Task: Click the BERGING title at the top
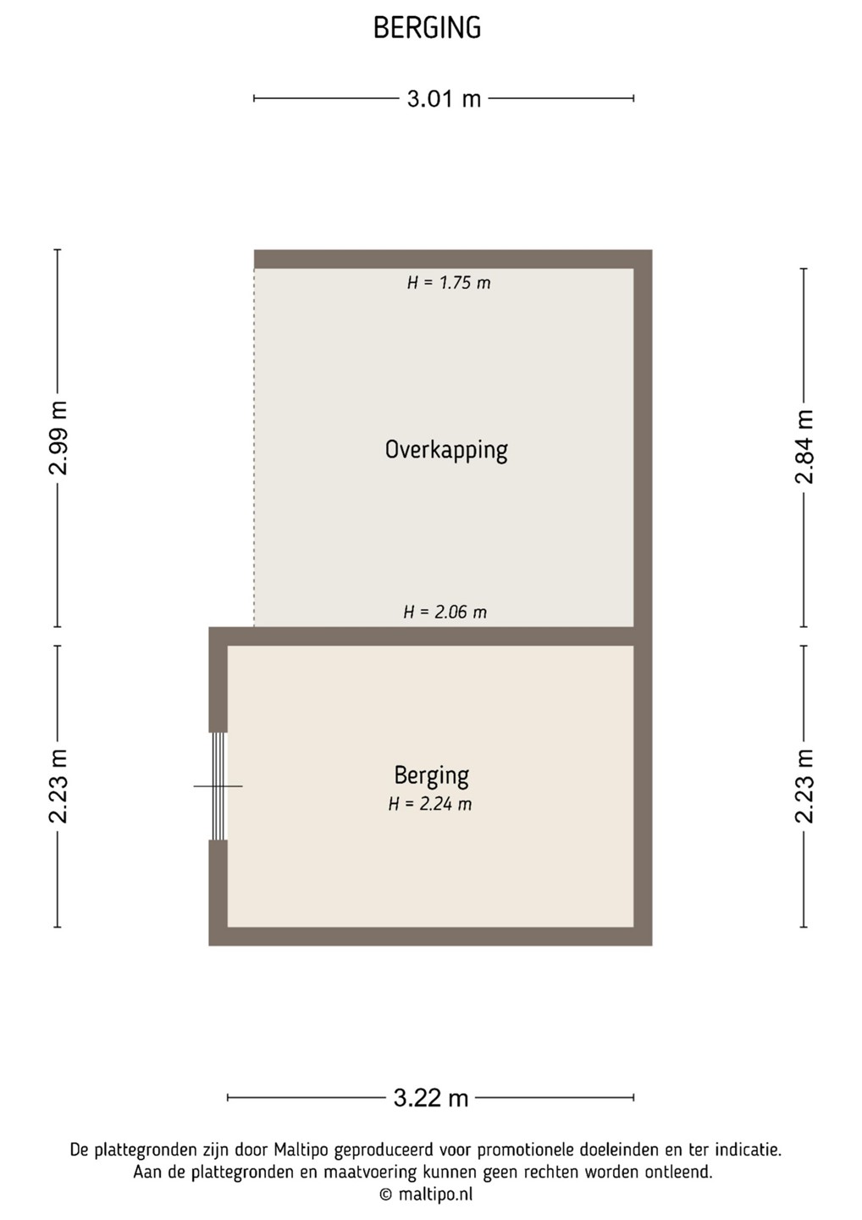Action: [428, 28]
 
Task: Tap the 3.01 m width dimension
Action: [444, 98]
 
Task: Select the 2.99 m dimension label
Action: [58, 438]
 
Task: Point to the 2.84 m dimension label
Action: [804, 446]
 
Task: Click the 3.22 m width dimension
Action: [431, 1097]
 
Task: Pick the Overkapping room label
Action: [446, 451]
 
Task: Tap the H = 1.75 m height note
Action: [449, 283]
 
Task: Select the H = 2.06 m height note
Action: [445, 612]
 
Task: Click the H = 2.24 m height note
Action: [430, 804]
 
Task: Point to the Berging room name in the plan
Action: [432, 775]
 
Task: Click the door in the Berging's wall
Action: [218, 786]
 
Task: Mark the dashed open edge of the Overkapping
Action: [254, 447]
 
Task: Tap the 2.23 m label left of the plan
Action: [58, 786]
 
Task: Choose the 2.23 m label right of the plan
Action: [804, 786]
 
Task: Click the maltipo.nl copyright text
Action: [426, 1195]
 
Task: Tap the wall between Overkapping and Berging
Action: [430, 636]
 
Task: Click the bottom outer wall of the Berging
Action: [430, 936]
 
